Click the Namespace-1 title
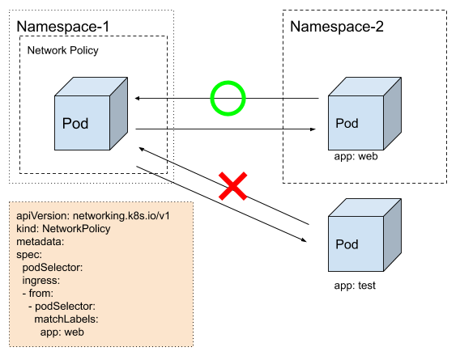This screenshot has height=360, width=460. point(63,27)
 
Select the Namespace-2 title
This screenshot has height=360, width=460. point(337,27)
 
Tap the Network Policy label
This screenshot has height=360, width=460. point(63,50)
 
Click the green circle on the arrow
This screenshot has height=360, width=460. point(211,98)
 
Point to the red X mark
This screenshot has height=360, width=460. point(233,186)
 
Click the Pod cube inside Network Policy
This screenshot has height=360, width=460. point(91,114)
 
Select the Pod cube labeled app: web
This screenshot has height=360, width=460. point(364,114)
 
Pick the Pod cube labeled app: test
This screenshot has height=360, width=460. point(364,235)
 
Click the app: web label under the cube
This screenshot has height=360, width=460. point(356,156)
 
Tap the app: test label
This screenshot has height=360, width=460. point(355,286)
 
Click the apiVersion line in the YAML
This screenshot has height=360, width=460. point(93,216)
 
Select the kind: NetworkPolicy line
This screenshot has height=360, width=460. point(63,229)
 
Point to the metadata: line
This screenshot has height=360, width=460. point(40,242)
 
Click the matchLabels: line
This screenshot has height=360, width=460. point(66,319)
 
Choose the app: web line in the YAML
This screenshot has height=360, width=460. point(62,332)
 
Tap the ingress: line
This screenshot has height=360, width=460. point(41,281)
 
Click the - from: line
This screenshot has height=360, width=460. point(38,293)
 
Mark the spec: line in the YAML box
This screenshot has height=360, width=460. point(29,255)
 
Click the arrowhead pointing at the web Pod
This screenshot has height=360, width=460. point(313,129)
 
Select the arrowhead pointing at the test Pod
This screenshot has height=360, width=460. point(304,240)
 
